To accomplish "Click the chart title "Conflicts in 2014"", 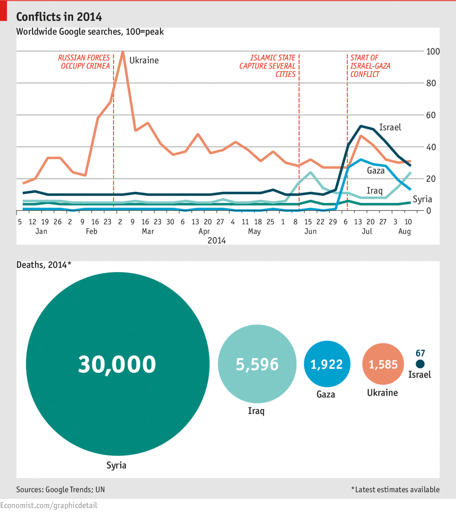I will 59,17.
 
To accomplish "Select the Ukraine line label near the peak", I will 144,61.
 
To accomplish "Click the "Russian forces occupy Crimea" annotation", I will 84,62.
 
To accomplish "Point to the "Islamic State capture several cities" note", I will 267,66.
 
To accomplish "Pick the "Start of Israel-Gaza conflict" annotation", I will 369,66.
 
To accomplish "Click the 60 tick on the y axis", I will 431,115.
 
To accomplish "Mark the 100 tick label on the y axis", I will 433,51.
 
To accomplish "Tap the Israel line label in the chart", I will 390,127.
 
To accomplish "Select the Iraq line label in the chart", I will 374,191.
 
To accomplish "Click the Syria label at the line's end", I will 422,199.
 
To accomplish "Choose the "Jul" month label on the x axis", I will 367,231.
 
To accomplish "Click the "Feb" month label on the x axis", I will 91,231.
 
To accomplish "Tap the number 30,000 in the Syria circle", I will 117,364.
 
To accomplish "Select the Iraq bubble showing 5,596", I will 257,364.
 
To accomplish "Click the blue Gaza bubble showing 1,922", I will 326,364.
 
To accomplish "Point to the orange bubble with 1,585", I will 383,364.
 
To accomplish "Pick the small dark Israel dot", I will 420,364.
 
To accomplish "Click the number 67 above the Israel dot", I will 420,353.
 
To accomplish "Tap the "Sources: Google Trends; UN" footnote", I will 60,490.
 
